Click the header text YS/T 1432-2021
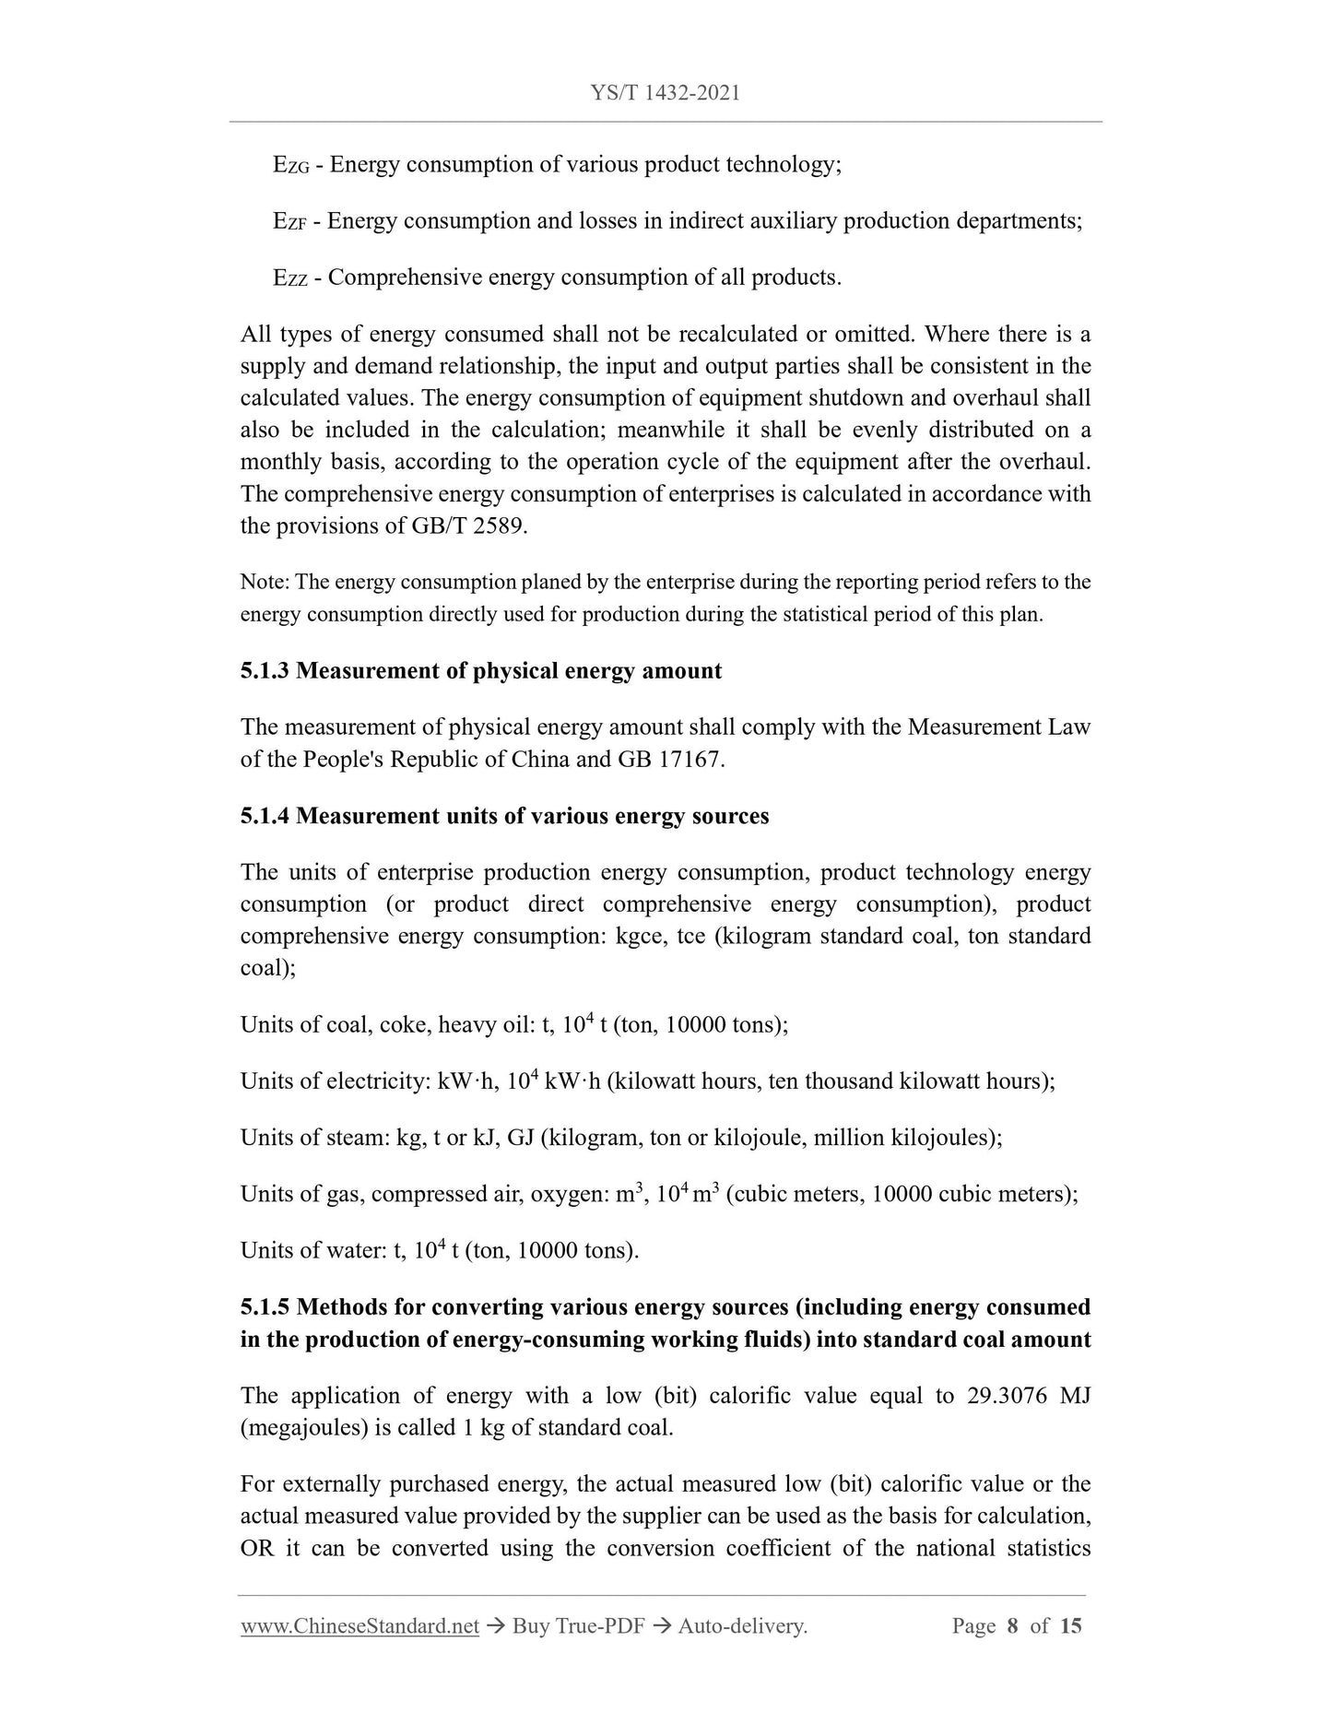[x=666, y=93]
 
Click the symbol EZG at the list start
[x=290, y=166]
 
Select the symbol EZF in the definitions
[x=289, y=222]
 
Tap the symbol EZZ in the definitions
[x=289, y=278]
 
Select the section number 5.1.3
[x=265, y=671]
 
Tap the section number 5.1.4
[x=265, y=817]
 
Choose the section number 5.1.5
[x=265, y=1308]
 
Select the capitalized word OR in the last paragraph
[x=257, y=1548]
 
